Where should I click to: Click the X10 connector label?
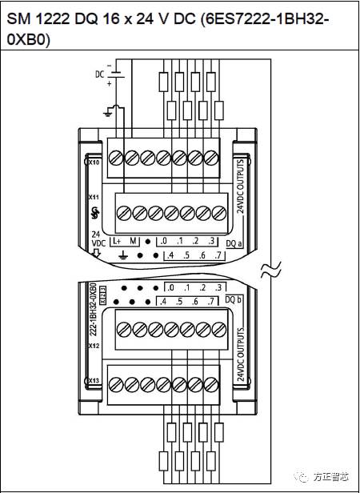pyautogui.click(x=93, y=162)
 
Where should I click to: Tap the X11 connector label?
pyautogui.click(x=93, y=195)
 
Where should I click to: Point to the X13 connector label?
pyautogui.click(x=93, y=380)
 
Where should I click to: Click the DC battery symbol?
pyautogui.click(x=117, y=75)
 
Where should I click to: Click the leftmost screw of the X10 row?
pyautogui.click(x=114, y=156)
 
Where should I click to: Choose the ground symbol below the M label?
pyautogui.click(x=123, y=256)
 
